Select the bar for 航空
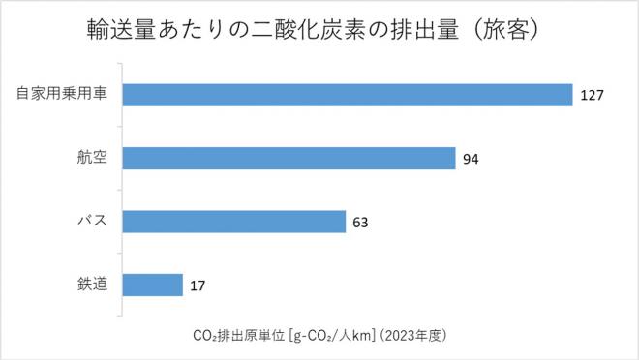[289, 158]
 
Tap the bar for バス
[233, 222]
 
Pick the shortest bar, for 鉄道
[152, 285]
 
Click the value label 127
[593, 95]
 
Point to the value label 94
[472, 159]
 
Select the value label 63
[360, 223]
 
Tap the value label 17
[197, 285]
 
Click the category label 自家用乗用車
[61, 94]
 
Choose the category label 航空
[92, 158]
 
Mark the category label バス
[92, 222]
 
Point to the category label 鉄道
[92, 285]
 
